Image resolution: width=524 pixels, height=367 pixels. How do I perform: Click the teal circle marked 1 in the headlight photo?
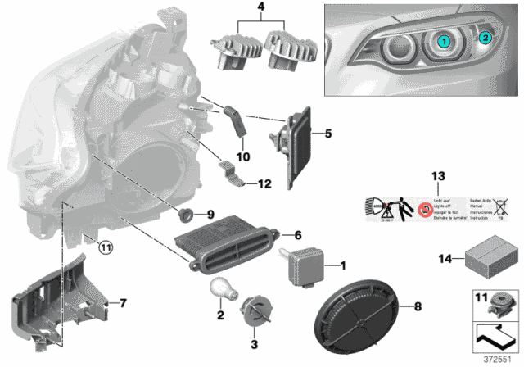click(443, 40)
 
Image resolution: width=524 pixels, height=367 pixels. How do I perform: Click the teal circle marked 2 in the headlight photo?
click(485, 37)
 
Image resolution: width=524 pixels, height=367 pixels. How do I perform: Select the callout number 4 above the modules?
click(261, 12)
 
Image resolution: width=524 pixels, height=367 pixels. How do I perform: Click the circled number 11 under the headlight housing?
click(104, 244)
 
